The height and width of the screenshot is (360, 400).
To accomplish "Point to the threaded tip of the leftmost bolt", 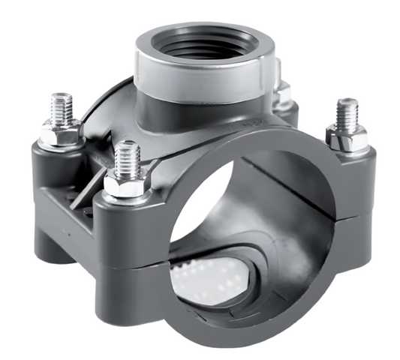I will (x=61, y=106).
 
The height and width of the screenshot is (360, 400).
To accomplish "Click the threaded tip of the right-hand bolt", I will (x=347, y=112).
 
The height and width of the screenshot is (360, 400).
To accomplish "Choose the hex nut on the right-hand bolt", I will (x=347, y=137).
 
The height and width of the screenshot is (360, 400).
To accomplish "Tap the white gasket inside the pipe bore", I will (x=206, y=277).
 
